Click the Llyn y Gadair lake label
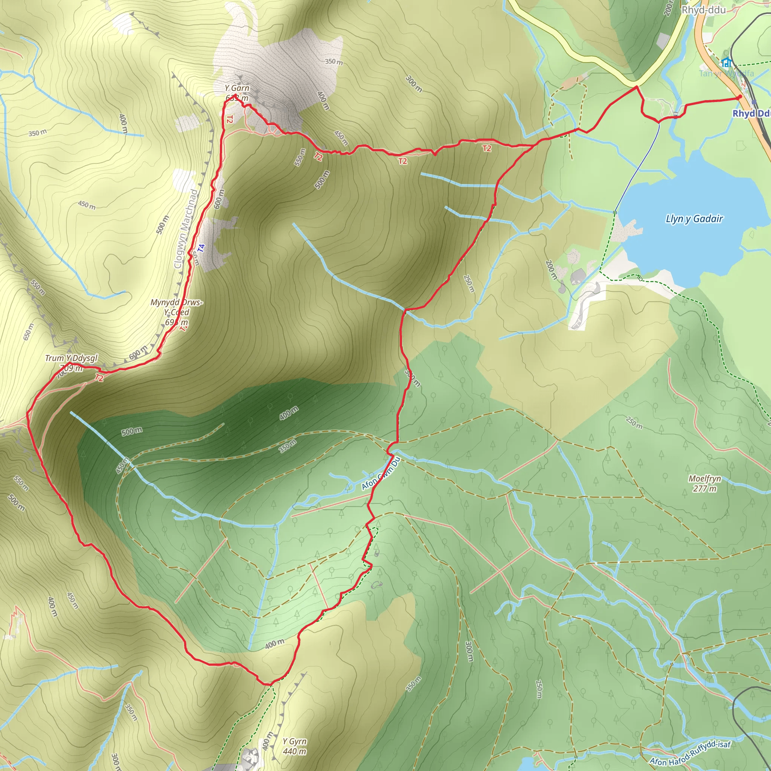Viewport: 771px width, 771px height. pos(694,219)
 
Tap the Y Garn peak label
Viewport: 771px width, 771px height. pos(237,88)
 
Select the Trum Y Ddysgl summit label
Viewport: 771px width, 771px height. pos(71,358)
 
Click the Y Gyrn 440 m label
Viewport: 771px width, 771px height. pos(294,746)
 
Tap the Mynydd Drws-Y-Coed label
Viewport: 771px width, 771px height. pos(177,307)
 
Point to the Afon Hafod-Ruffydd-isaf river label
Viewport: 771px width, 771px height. pos(690,753)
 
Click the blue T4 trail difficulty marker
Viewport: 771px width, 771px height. pos(201,248)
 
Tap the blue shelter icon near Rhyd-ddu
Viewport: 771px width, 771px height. pos(726,62)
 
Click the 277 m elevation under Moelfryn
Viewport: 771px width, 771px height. pos(705,488)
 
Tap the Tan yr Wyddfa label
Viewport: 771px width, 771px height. pos(726,73)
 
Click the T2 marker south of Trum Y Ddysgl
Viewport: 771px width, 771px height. pos(99,378)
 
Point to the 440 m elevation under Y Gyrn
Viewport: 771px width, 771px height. pos(294,751)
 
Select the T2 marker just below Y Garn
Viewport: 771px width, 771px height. pos(229,119)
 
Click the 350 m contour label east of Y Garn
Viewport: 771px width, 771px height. pos(334,62)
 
